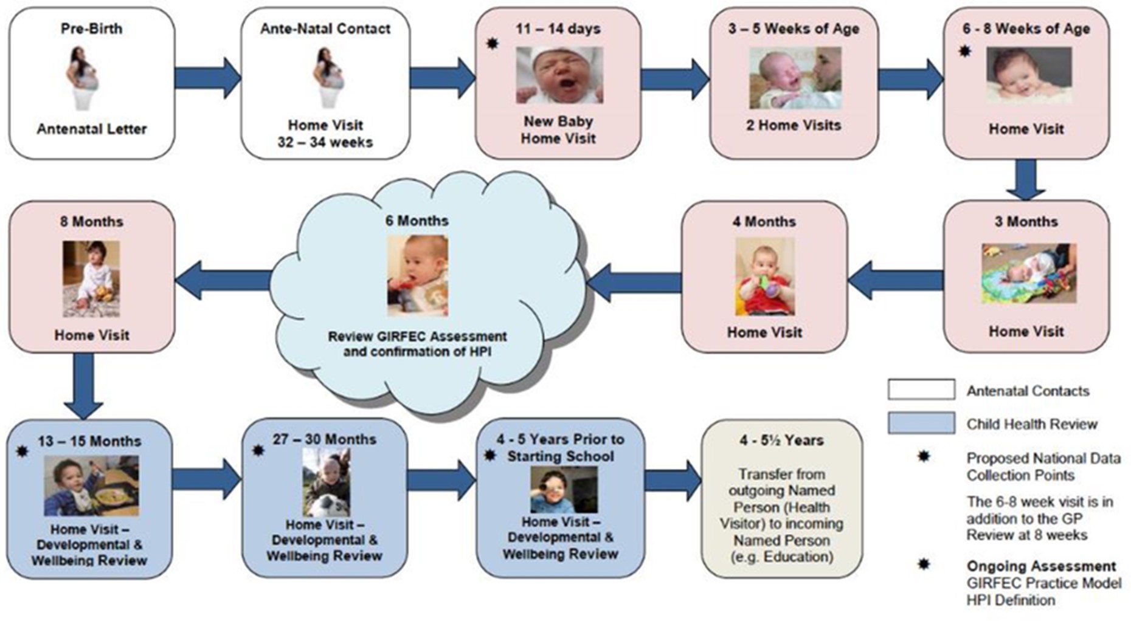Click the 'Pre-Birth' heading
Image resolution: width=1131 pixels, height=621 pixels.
point(91,29)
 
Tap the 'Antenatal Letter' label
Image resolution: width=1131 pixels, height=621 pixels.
point(91,129)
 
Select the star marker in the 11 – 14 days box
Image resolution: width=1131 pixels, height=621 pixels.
point(493,43)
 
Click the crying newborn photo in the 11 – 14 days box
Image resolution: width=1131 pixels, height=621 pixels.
point(559,75)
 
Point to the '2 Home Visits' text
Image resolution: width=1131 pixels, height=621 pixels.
point(794,125)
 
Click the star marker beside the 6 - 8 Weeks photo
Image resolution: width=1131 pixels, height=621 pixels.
point(964,51)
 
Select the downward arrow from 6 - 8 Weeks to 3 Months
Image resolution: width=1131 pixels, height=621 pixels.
point(1025,180)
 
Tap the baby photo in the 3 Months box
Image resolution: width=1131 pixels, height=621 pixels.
point(1028,273)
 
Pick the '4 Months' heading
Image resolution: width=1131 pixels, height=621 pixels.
point(764,221)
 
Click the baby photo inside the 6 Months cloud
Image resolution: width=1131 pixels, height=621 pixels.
point(418,275)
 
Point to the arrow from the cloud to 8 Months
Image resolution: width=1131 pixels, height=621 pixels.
point(223,280)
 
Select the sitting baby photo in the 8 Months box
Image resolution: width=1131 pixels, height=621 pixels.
point(91,278)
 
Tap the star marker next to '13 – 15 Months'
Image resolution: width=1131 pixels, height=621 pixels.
point(22,451)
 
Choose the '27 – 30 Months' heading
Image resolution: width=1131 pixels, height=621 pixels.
point(324,439)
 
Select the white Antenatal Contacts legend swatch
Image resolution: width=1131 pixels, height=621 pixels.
point(921,389)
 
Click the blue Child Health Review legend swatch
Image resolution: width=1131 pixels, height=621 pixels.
point(921,423)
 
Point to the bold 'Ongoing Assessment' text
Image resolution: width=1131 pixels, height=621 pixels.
point(1041,566)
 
